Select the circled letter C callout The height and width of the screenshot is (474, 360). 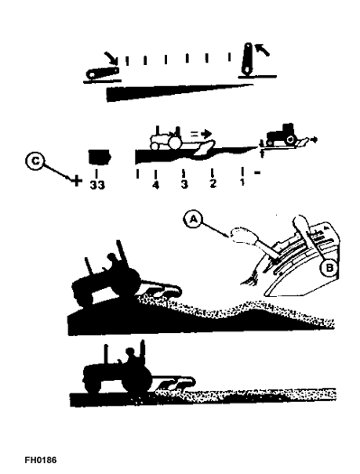35,161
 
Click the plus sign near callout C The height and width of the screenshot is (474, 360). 77,181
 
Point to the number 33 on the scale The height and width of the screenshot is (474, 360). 97,185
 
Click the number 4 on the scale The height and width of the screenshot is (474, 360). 155,185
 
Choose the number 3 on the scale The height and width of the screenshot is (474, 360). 184,184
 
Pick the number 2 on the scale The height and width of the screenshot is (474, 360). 213,183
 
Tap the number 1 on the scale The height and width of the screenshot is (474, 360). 242,182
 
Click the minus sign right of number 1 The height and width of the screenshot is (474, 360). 258,173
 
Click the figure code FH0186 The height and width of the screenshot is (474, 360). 41,460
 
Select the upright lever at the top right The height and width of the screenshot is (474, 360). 247,58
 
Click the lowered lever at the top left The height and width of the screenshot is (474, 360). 102,72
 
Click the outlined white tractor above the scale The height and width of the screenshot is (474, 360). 167,139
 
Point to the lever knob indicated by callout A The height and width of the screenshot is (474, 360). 242,235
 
